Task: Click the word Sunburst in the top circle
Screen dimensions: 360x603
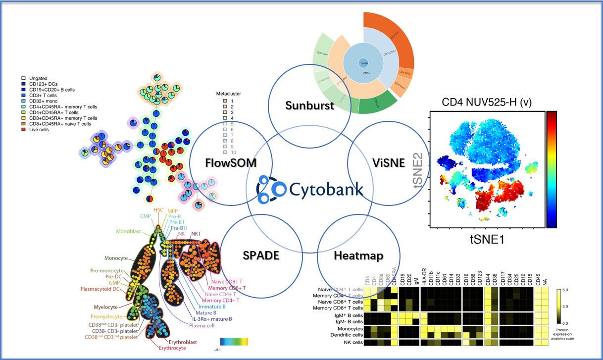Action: [x=303, y=105]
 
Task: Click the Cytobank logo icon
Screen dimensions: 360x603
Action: [x=271, y=189]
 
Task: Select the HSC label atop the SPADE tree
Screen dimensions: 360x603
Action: [x=158, y=210]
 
